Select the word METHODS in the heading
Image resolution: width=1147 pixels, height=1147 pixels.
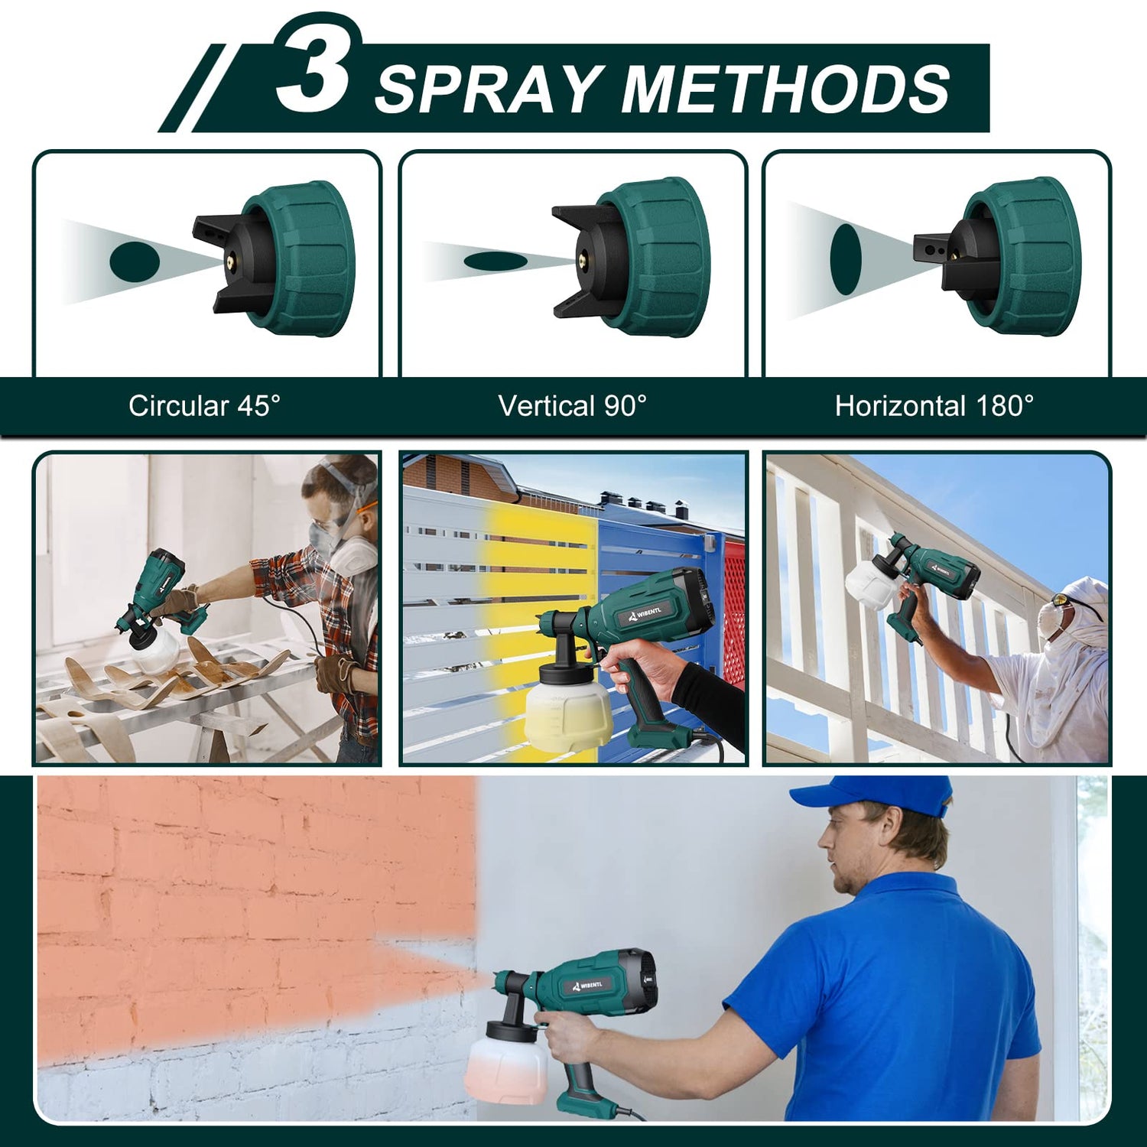pyautogui.click(x=785, y=89)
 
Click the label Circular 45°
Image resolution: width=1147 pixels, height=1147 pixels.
pyautogui.click(x=204, y=406)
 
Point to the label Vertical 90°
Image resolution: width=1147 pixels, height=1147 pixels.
pyautogui.click(x=572, y=406)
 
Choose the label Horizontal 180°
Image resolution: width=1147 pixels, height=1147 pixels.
pyautogui.click(x=934, y=406)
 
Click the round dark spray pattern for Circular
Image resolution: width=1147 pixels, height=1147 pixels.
pyautogui.click(x=135, y=262)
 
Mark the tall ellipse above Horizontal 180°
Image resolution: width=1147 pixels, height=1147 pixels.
pyautogui.click(x=846, y=259)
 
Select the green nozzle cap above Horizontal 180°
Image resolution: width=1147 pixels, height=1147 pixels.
pyautogui.click(x=1021, y=256)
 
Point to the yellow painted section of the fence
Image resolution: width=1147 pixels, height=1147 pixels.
pyautogui.click(x=535, y=581)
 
